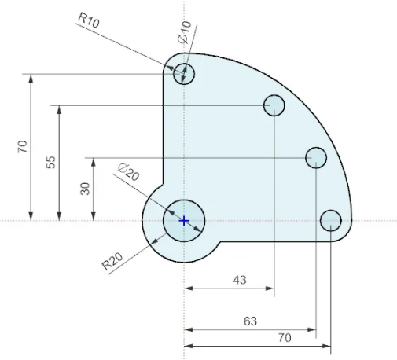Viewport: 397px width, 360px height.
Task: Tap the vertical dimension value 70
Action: pos(23,146)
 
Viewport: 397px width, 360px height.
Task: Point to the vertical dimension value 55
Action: pos(51,162)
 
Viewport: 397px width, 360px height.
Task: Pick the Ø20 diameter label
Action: pos(127,172)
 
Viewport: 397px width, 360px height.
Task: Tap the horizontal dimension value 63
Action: pos(250,321)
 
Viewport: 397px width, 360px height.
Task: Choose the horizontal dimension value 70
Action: pos(284,337)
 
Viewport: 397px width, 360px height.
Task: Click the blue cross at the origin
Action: pos(184,221)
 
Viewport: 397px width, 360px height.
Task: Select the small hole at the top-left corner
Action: pos(184,73)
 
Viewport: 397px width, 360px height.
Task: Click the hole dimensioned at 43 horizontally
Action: pos(274,105)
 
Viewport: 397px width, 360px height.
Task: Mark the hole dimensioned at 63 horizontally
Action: pos(316,158)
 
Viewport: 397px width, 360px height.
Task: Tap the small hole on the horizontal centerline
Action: pos(331,221)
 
